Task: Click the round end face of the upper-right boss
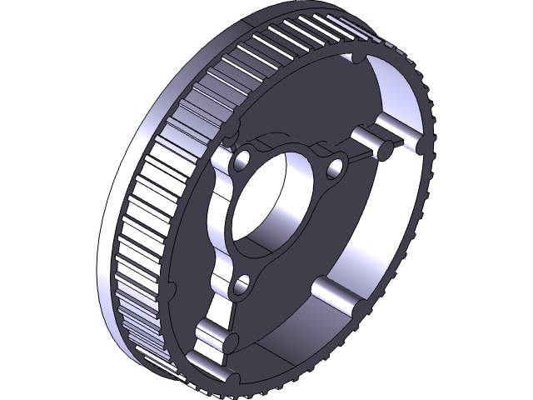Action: (x=385, y=150)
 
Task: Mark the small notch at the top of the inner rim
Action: (x=357, y=59)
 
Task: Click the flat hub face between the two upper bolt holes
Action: (x=287, y=146)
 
